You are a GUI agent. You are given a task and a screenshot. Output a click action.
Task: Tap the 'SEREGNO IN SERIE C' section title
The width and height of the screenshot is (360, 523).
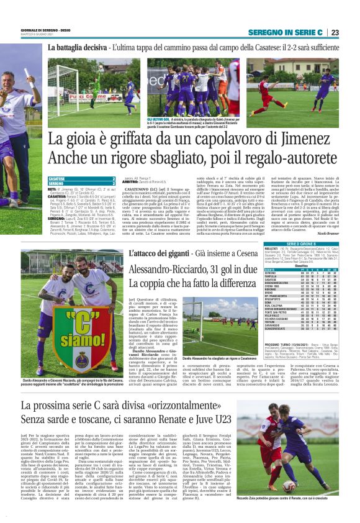(287, 32)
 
